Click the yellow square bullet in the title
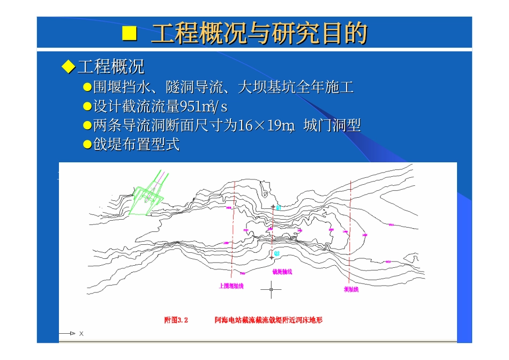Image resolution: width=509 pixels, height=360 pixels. [x=130, y=33]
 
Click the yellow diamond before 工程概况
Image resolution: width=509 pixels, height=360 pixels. [x=68, y=66]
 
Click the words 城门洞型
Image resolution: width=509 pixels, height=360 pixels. [x=332, y=125]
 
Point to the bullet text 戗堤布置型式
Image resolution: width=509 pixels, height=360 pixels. [x=136, y=144]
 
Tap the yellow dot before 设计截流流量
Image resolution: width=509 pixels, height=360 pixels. [x=87, y=106]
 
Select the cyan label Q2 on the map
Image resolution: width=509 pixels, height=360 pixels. [x=276, y=252]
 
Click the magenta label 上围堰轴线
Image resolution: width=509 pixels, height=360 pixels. [x=231, y=286]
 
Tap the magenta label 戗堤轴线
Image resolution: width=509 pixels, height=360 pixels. [x=282, y=272]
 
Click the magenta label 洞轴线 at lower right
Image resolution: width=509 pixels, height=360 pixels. [x=351, y=289]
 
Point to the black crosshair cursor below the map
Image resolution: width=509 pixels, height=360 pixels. [x=271, y=289]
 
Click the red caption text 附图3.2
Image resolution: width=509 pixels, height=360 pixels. [x=176, y=320]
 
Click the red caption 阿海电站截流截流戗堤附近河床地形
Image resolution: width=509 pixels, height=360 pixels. [x=268, y=320]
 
